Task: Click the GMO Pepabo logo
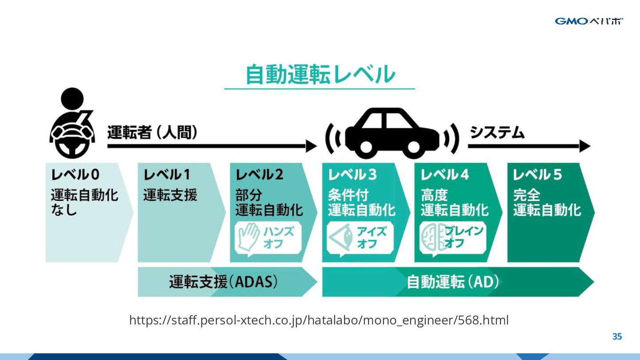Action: pyautogui.click(x=588, y=21)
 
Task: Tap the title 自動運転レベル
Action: pyautogui.click(x=320, y=75)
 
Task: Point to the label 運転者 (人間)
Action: pyautogui.click(x=152, y=133)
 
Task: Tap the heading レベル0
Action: pyautogui.click(x=75, y=175)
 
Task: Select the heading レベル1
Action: pyautogui.click(x=167, y=175)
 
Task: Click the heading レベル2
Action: pyautogui.click(x=260, y=175)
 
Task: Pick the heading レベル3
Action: pyautogui.click(x=352, y=175)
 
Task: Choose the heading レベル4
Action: pyautogui.click(x=444, y=175)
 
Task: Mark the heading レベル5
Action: pyautogui.click(x=537, y=175)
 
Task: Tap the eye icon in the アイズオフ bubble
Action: pyautogui.click(x=341, y=237)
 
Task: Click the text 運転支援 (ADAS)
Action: pyautogui.click(x=223, y=282)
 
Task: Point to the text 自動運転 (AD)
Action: pyautogui.click(x=452, y=282)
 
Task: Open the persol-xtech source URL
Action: pyautogui.click(x=319, y=320)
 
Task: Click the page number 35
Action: pyautogui.click(x=617, y=336)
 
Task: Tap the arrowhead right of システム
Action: pyautogui.click(x=585, y=146)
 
